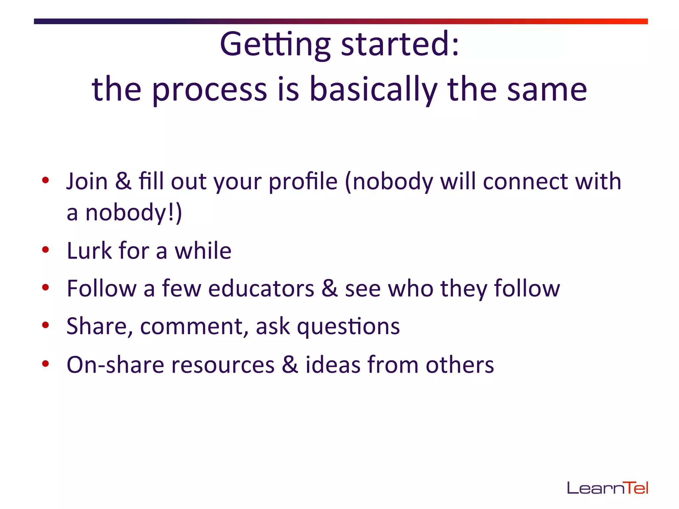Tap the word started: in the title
[400, 44]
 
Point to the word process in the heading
[209, 89]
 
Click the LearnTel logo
[607, 488]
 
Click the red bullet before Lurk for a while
[46, 250]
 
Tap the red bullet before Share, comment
[46, 325]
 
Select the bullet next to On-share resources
[46, 364]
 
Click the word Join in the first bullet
[87, 182]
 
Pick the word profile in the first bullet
[303, 182]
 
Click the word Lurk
[89, 251]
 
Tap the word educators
[261, 288]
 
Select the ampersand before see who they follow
[330, 288]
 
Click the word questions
[348, 326]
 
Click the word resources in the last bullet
[223, 365]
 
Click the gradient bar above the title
[340, 21]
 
